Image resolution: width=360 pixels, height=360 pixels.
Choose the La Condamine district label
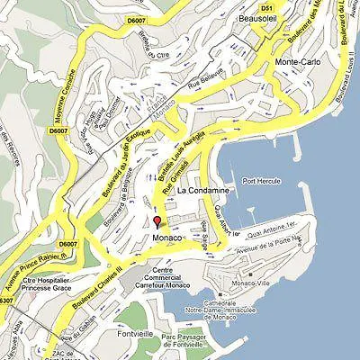(x=203, y=192)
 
